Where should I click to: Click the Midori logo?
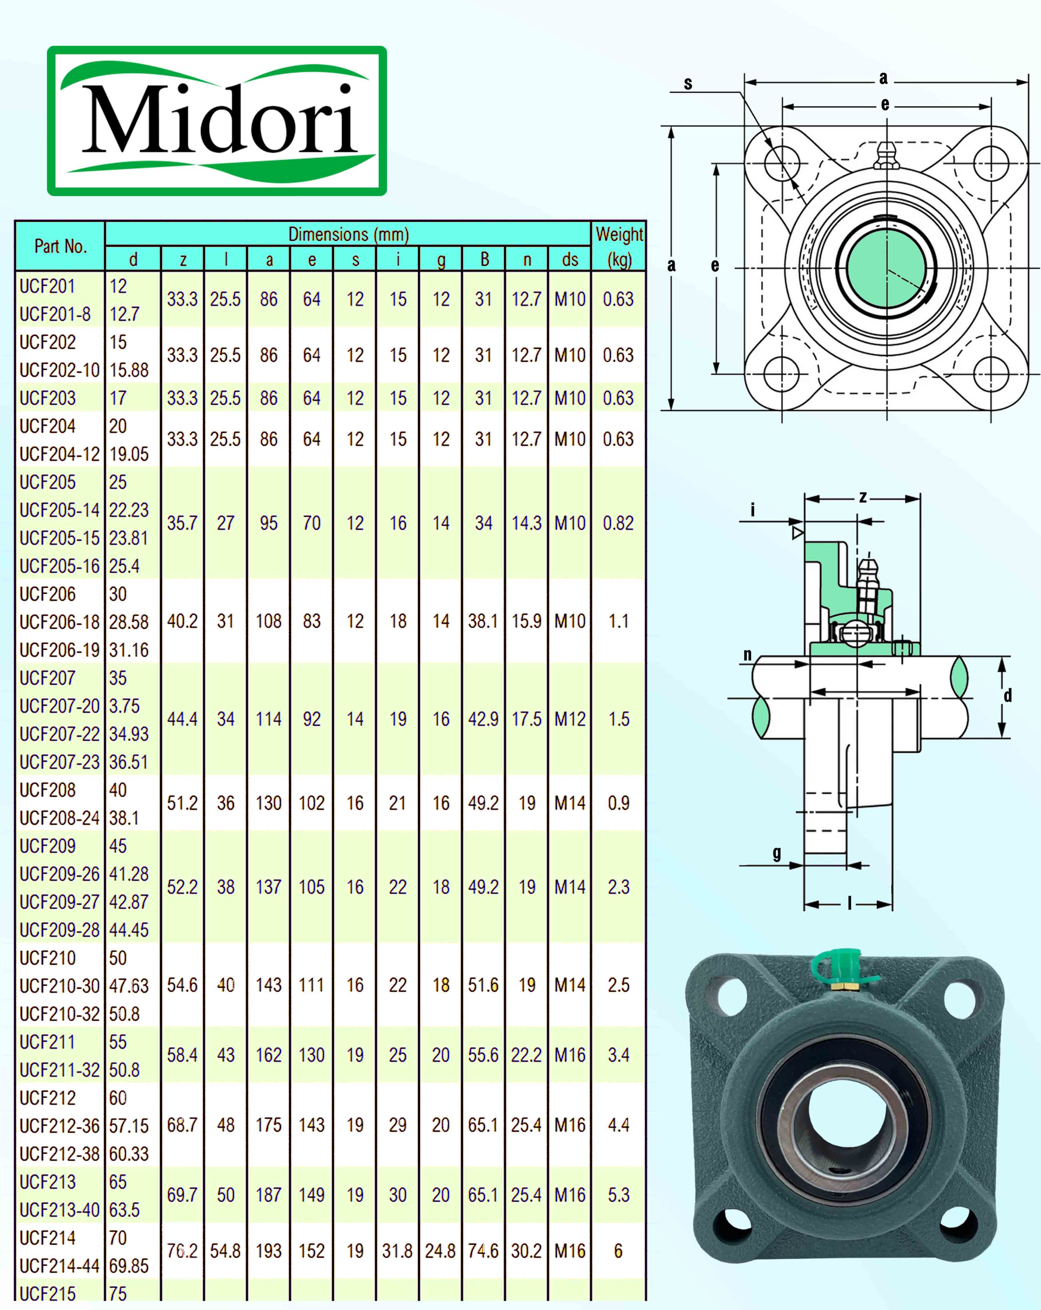[217, 121]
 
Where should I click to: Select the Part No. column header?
[60, 246]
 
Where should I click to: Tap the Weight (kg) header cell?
[619, 246]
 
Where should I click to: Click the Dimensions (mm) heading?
[348, 234]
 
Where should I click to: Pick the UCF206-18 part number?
[59, 622]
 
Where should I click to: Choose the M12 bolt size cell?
[569, 719]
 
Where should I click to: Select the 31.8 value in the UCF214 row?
[397, 1251]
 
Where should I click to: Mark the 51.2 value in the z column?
[182, 803]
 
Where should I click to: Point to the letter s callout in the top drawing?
[688, 83]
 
